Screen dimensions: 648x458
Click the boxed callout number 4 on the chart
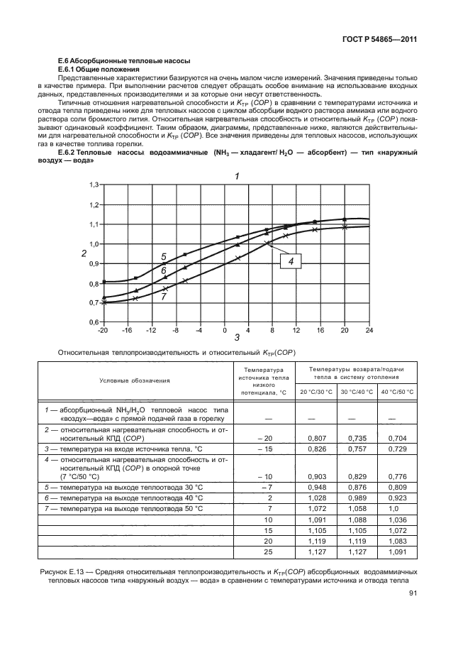click(x=291, y=261)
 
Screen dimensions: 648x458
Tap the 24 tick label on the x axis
click(x=369, y=331)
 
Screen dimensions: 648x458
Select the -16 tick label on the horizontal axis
click(x=128, y=331)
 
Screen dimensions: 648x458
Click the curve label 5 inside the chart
click(x=163, y=256)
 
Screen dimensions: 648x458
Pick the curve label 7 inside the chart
click(x=163, y=297)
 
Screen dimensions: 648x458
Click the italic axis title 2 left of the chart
click(x=84, y=253)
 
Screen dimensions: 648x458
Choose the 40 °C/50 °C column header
click(x=396, y=391)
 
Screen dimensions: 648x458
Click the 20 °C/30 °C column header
click(x=315, y=391)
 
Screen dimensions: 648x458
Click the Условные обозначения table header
click(x=135, y=380)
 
